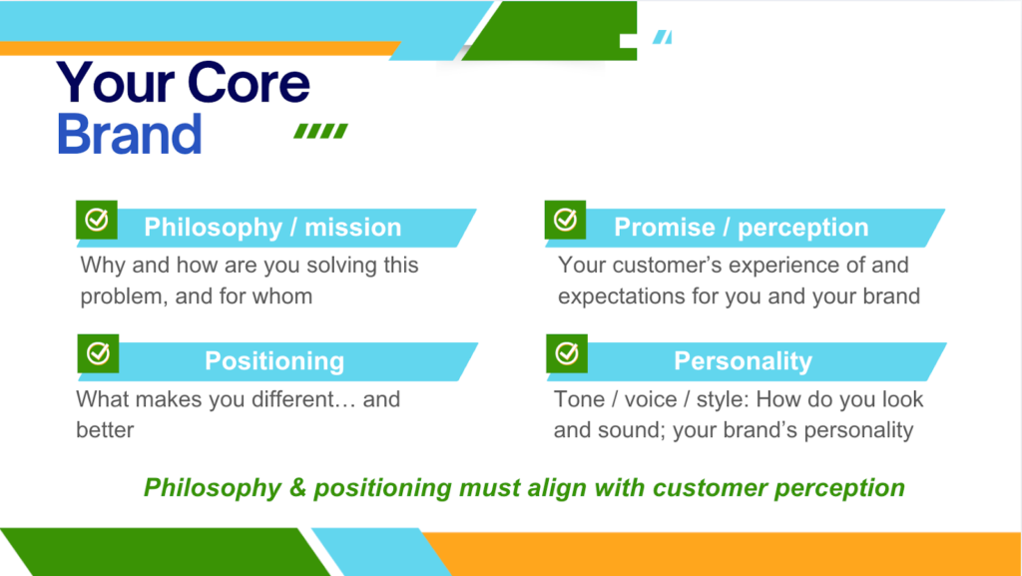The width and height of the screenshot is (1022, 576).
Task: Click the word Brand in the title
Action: (x=129, y=134)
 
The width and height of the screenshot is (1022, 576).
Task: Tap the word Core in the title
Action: (x=249, y=84)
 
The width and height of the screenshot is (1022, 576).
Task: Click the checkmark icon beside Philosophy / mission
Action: (x=97, y=220)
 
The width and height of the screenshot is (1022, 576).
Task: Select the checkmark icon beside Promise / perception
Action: (x=565, y=220)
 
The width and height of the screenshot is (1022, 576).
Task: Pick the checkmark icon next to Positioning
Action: (x=98, y=353)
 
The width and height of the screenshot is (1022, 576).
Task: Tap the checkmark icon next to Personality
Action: (x=567, y=353)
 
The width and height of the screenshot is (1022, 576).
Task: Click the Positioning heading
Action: (x=274, y=361)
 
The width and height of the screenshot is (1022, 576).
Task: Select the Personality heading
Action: (x=743, y=361)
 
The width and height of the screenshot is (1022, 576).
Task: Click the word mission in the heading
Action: (x=353, y=227)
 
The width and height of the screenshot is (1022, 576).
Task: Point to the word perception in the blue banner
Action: (x=803, y=228)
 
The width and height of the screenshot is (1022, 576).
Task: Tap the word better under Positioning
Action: (x=105, y=430)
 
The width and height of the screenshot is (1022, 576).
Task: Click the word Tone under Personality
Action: (x=580, y=398)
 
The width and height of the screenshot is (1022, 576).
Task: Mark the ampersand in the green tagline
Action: (x=297, y=487)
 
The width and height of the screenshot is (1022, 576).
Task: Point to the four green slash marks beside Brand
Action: (x=320, y=131)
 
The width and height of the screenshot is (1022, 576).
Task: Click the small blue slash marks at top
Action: (x=663, y=37)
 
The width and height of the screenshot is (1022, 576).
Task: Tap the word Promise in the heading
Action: (x=664, y=228)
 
